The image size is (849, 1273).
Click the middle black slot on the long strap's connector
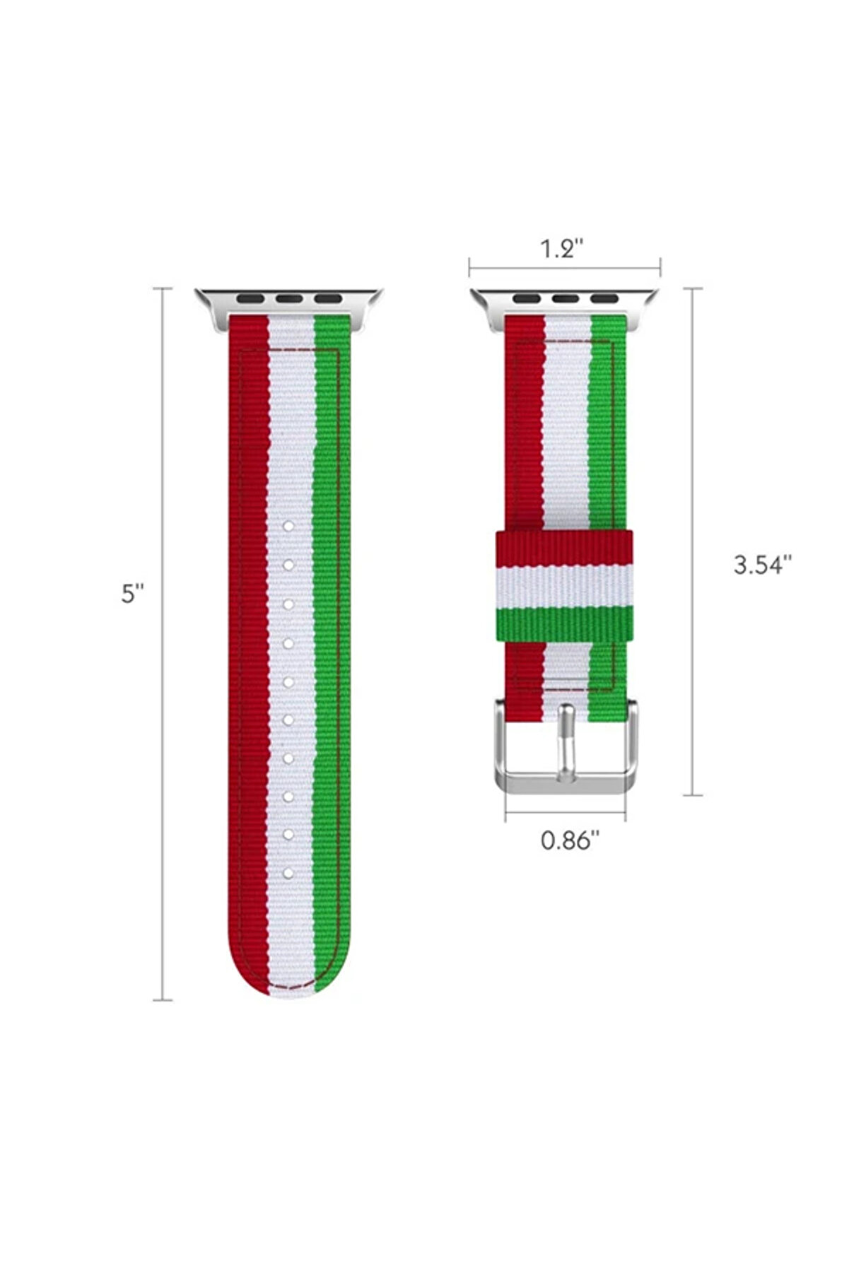coord(288,298)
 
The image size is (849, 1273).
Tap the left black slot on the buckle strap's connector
coord(525,298)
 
